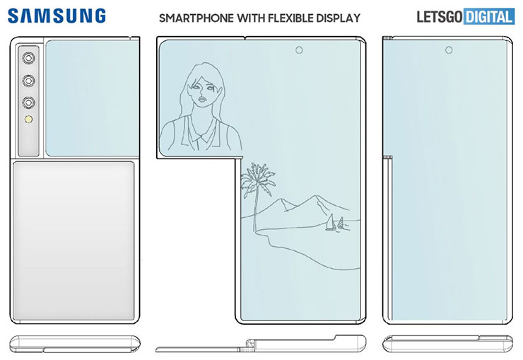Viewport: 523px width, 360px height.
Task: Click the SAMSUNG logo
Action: click(58, 16)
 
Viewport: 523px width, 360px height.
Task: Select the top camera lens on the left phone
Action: click(29, 59)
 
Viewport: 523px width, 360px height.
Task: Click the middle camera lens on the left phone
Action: click(29, 80)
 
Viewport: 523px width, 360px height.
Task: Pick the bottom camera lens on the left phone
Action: click(29, 101)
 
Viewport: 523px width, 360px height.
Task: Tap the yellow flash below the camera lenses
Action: click(29, 121)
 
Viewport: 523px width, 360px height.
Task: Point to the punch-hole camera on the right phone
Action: click(449, 50)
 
